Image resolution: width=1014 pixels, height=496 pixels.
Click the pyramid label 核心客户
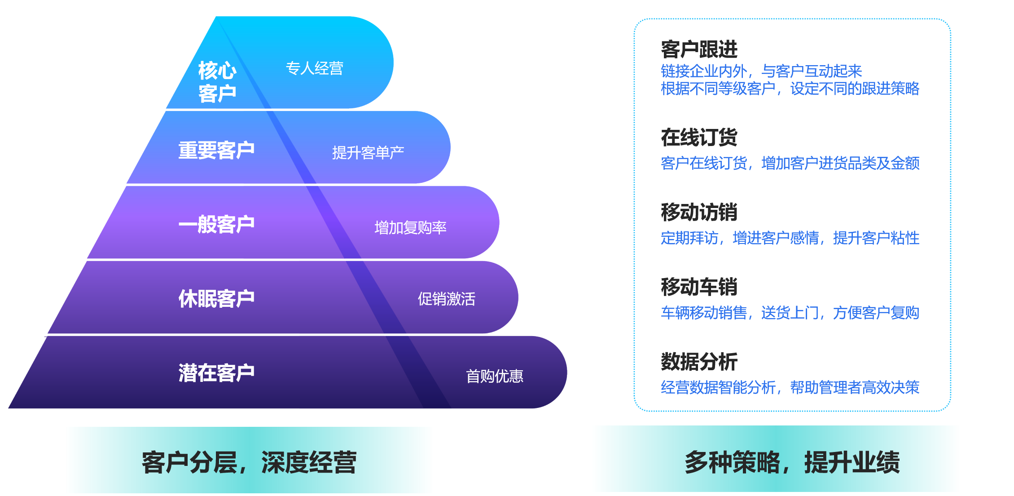point(217,82)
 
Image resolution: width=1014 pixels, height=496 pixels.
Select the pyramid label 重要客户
point(216,150)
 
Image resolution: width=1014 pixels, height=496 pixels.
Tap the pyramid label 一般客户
point(216,224)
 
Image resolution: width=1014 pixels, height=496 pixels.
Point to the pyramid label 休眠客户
point(216,298)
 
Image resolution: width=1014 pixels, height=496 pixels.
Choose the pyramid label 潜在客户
point(216,373)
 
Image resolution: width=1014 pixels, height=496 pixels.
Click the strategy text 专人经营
point(315,68)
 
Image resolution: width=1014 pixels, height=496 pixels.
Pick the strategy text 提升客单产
point(368,153)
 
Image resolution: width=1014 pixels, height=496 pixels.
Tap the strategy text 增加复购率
point(410,227)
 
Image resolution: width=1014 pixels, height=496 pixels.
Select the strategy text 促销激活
point(447,299)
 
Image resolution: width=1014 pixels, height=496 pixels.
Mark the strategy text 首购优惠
point(495,376)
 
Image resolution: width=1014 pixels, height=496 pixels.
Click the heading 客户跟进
point(699,49)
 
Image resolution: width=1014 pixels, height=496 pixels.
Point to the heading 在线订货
point(699,137)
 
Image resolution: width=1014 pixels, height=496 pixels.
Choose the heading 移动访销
point(699,212)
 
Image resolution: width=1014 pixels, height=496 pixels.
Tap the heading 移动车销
point(699,287)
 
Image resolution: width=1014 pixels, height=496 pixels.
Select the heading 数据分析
point(699,361)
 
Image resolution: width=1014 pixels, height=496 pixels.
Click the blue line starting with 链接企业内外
point(761,71)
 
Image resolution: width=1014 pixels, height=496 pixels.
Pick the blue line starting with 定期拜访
point(790,238)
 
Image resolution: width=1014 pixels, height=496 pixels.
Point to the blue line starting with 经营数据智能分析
point(790,387)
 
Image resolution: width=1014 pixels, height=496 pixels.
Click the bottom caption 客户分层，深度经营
point(249,463)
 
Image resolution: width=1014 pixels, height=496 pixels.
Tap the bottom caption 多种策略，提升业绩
point(792,463)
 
